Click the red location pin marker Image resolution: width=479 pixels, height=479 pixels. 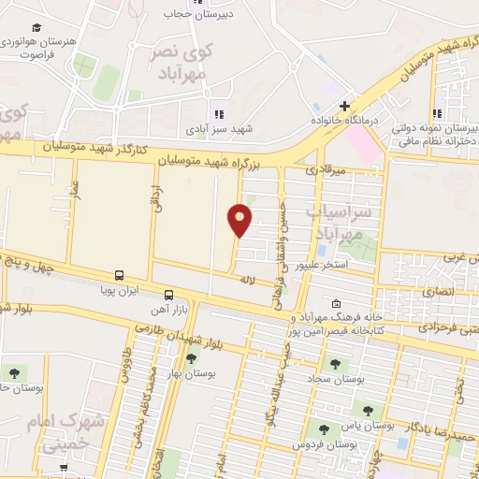click(x=240, y=219)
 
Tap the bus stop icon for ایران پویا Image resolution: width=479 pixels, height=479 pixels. click(x=119, y=275)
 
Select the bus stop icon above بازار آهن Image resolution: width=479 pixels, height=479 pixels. click(x=168, y=293)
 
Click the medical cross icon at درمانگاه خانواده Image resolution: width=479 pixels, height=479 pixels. click(x=344, y=106)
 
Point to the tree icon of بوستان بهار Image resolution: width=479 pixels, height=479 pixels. click(x=192, y=357)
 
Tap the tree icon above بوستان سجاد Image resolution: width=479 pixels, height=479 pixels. click(x=335, y=364)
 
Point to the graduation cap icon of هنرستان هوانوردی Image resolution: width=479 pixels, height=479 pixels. click(x=36, y=28)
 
